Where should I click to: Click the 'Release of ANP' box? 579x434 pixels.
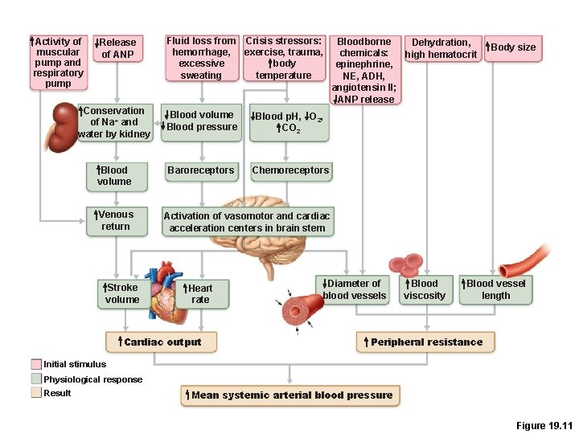coord(117,48)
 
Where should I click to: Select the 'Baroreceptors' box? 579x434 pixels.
coord(200,170)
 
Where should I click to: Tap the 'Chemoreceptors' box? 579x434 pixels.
coord(290,170)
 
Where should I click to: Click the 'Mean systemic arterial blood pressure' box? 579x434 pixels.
coord(290,395)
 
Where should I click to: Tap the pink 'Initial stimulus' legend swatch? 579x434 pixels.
coord(36,364)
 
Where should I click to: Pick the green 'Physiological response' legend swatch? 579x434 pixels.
coord(36,379)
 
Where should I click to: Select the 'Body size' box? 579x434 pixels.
coord(511,47)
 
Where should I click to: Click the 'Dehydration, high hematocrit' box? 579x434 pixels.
coord(441,48)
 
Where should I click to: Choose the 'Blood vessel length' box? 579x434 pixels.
coord(495,289)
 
